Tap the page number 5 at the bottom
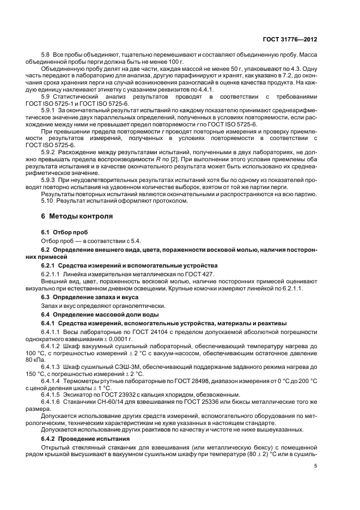[x=315, y=482]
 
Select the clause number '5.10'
[x=48, y=201]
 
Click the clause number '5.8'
[x=46, y=56]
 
